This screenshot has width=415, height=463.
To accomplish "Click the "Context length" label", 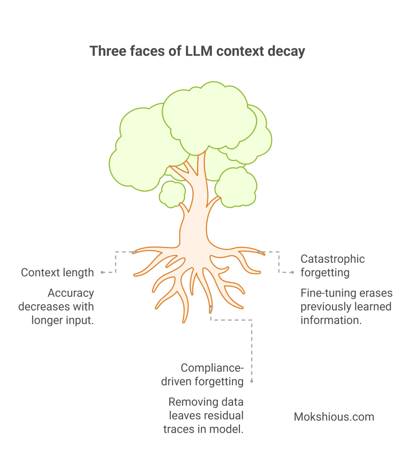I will (57, 273).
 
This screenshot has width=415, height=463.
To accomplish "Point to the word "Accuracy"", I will (71, 293).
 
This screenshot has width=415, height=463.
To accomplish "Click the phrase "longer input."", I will (63, 320).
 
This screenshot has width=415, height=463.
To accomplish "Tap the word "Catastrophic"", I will (332, 259).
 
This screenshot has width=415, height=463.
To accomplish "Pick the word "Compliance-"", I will (212, 368).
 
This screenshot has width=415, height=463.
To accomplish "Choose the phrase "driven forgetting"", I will (202, 381).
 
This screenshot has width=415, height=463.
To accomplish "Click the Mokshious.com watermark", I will (334, 416).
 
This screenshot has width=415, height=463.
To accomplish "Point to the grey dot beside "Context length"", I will (103, 273).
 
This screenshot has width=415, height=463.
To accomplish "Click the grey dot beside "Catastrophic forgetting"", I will (292, 272).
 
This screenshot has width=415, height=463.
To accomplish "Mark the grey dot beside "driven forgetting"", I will (252, 381).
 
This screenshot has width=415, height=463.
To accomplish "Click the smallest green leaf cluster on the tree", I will (172, 194).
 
